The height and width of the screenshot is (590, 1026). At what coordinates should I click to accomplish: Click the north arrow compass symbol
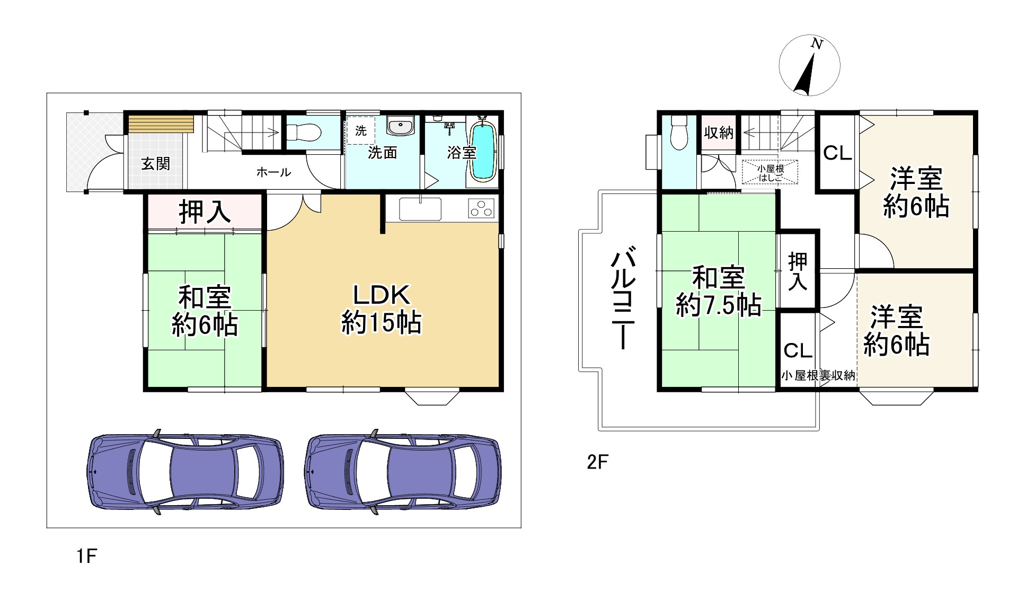(809, 66)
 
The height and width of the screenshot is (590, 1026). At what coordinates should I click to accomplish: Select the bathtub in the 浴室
(483, 151)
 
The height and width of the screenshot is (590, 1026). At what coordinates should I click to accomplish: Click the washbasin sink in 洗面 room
(400, 126)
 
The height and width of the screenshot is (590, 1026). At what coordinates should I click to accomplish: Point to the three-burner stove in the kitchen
(482, 208)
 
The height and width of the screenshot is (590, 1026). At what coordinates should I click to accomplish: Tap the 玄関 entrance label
(156, 164)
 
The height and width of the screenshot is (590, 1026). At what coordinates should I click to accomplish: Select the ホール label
(273, 172)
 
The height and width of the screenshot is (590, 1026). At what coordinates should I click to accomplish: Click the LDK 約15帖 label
(381, 309)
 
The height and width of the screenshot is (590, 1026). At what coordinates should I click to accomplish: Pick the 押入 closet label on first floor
(205, 212)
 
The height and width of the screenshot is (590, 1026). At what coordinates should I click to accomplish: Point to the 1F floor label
(86, 556)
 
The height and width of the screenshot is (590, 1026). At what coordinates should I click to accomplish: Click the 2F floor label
(597, 462)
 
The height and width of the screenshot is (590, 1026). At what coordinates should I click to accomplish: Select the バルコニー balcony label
(623, 297)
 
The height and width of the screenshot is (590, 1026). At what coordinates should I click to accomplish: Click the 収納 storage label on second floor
(719, 133)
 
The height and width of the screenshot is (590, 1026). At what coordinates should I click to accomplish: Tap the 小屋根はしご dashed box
(769, 172)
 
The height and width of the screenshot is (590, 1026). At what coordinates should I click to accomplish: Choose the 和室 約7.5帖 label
(719, 292)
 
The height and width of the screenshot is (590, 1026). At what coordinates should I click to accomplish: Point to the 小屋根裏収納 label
(818, 376)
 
